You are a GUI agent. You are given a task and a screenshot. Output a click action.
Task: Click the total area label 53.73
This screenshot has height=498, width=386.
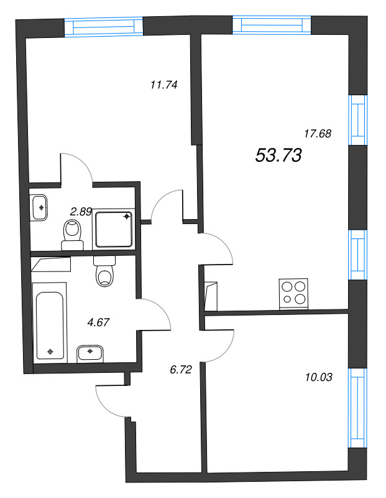point(278,156)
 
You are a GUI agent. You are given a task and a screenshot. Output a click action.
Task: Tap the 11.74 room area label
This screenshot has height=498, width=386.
point(164,86)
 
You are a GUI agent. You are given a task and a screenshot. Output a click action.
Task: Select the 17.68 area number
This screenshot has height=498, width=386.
point(317,133)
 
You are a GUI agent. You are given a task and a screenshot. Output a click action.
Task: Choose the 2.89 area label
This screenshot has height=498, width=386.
point(81,212)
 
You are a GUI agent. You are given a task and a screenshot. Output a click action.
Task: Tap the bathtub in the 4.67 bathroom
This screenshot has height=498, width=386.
point(50,321)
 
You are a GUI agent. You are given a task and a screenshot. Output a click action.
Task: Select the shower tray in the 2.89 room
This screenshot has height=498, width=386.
point(114,229)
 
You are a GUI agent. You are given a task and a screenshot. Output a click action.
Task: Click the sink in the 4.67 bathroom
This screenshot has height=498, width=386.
point(91,353)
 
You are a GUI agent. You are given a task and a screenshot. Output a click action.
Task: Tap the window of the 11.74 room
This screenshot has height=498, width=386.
point(104,27)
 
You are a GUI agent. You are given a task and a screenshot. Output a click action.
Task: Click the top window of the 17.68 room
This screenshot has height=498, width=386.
point(272,24)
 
